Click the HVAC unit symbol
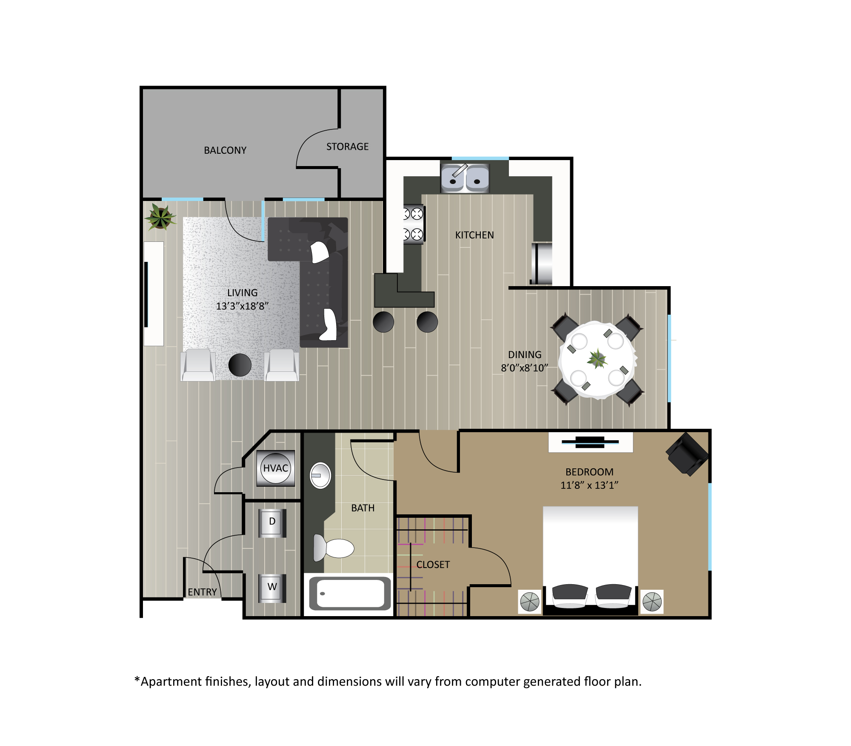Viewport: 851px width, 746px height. point(276,468)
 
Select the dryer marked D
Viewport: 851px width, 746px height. point(272,522)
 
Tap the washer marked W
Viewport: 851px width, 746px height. point(272,588)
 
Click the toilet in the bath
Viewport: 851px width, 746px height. point(334,548)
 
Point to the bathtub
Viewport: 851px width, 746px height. point(350,593)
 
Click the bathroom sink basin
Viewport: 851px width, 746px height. point(320,475)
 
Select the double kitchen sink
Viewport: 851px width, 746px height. point(465,178)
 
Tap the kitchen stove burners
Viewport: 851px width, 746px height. point(414,224)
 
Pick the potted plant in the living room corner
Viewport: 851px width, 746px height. point(160,217)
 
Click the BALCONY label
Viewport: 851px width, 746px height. point(225,150)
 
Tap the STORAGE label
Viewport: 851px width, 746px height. point(347,146)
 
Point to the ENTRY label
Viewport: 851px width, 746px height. point(203,592)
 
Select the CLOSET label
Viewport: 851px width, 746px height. point(433,565)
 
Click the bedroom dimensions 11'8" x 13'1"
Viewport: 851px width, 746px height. point(589,485)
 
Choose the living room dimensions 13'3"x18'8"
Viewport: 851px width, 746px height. point(242,306)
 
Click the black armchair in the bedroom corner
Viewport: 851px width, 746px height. point(687,454)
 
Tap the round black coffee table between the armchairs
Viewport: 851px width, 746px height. point(240,365)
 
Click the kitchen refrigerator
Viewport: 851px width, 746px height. point(541,263)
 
